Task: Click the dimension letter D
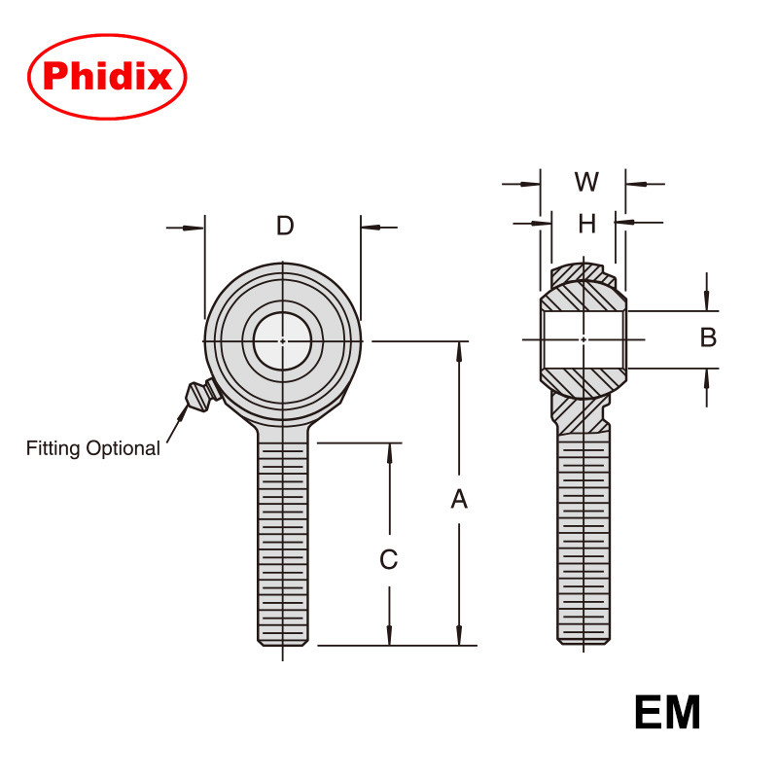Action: [x=284, y=226]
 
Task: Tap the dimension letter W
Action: [x=586, y=182]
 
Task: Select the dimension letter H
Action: [x=586, y=224]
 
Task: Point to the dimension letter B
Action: [x=708, y=337]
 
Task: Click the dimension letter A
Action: [x=459, y=499]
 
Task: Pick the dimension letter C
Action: [x=388, y=559]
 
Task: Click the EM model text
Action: [x=667, y=712]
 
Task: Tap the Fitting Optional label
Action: [x=92, y=448]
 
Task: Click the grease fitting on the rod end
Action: [x=199, y=395]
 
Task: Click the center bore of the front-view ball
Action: [x=283, y=340]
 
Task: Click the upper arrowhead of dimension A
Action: [x=459, y=349]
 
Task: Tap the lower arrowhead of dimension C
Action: [x=389, y=636]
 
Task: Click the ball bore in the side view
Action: [x=583, y=338]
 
